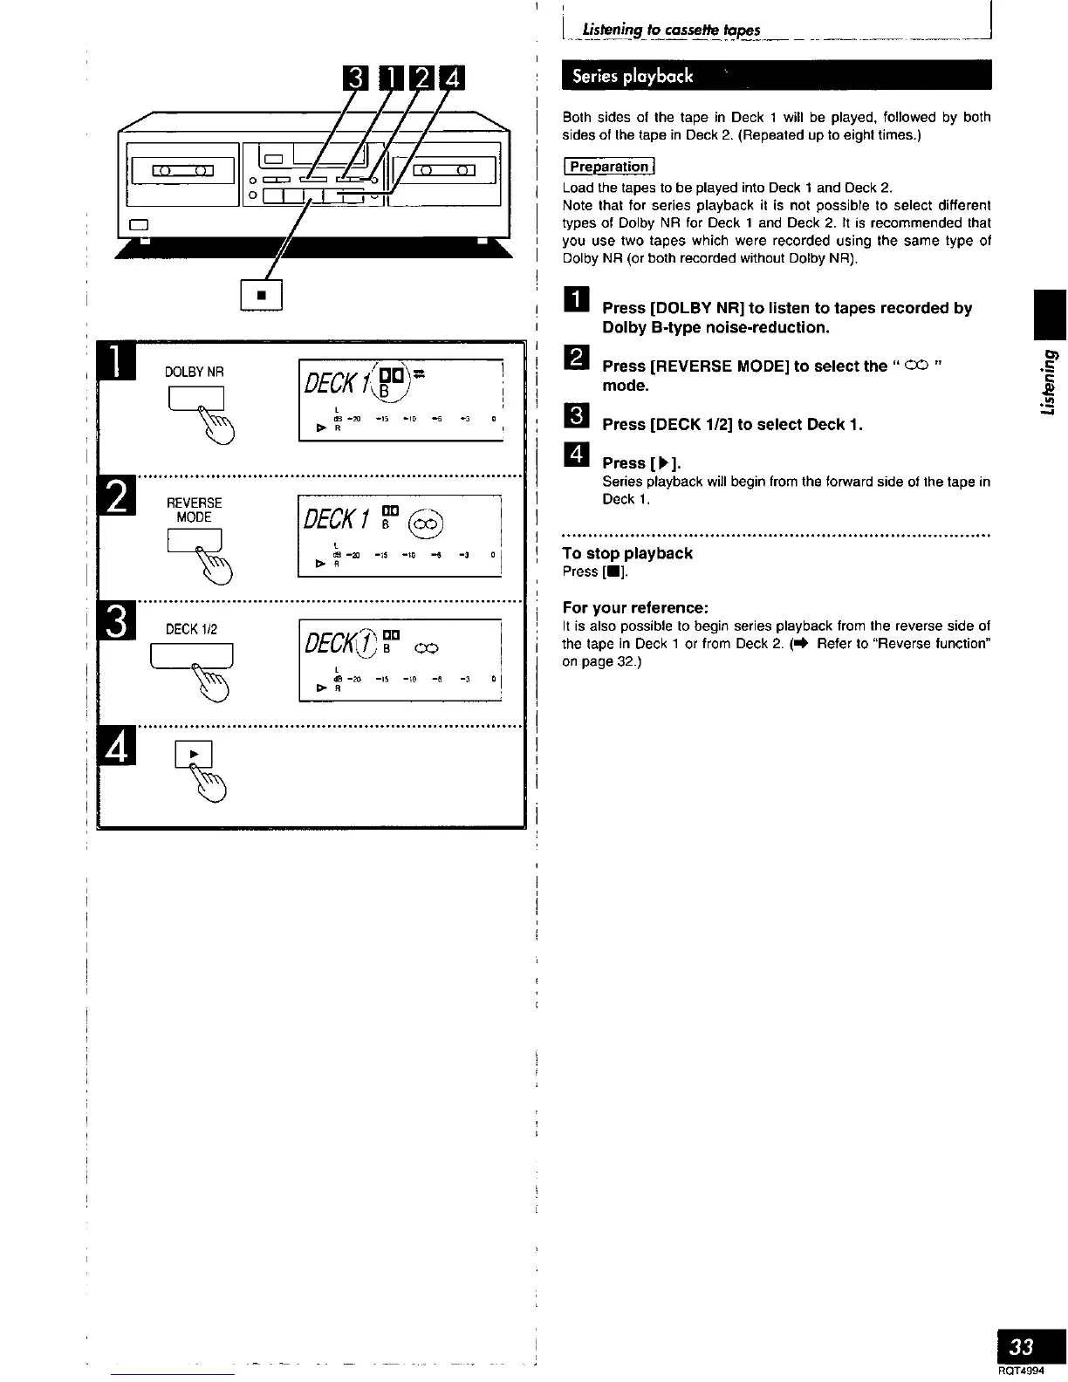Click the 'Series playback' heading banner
pyautogui.click(x=633, y=76)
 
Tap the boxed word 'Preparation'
pyautogui.click(x=609, y=167)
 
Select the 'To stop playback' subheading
pyautogui.click(x=627, y=553)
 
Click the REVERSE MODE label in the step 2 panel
pyautogui.click(x=194, y=510)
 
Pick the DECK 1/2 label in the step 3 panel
pyautogui.click(x=191, y=629)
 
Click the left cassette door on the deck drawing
pyautogui.click(x=181, y=170)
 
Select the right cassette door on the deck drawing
pyautogui.click(x=446, y=169)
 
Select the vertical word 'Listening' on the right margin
pyautogui.click(x=1048, y=384)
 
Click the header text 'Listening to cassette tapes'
pyautogui.click(x=664, y=31)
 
